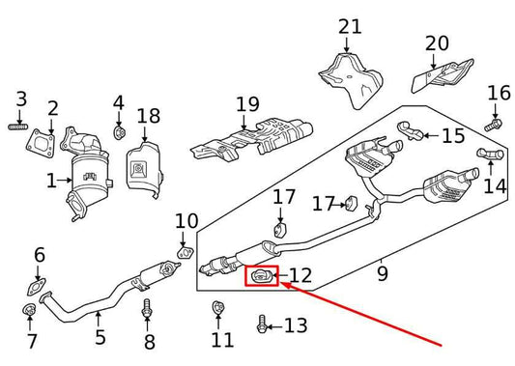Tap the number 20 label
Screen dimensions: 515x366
pyautogui.click(x=437, y=42)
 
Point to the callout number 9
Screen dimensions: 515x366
pyautogui.click(x=382, y=273)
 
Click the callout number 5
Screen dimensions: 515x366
pyautogui.click(x=100, y=337)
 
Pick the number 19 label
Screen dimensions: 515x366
pyautogui.click(x=247, y=104)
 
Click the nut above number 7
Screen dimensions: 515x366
pyautogui.click(x=30, y=311)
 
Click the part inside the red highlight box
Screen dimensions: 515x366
pyautogui.click(x=261, y=278)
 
